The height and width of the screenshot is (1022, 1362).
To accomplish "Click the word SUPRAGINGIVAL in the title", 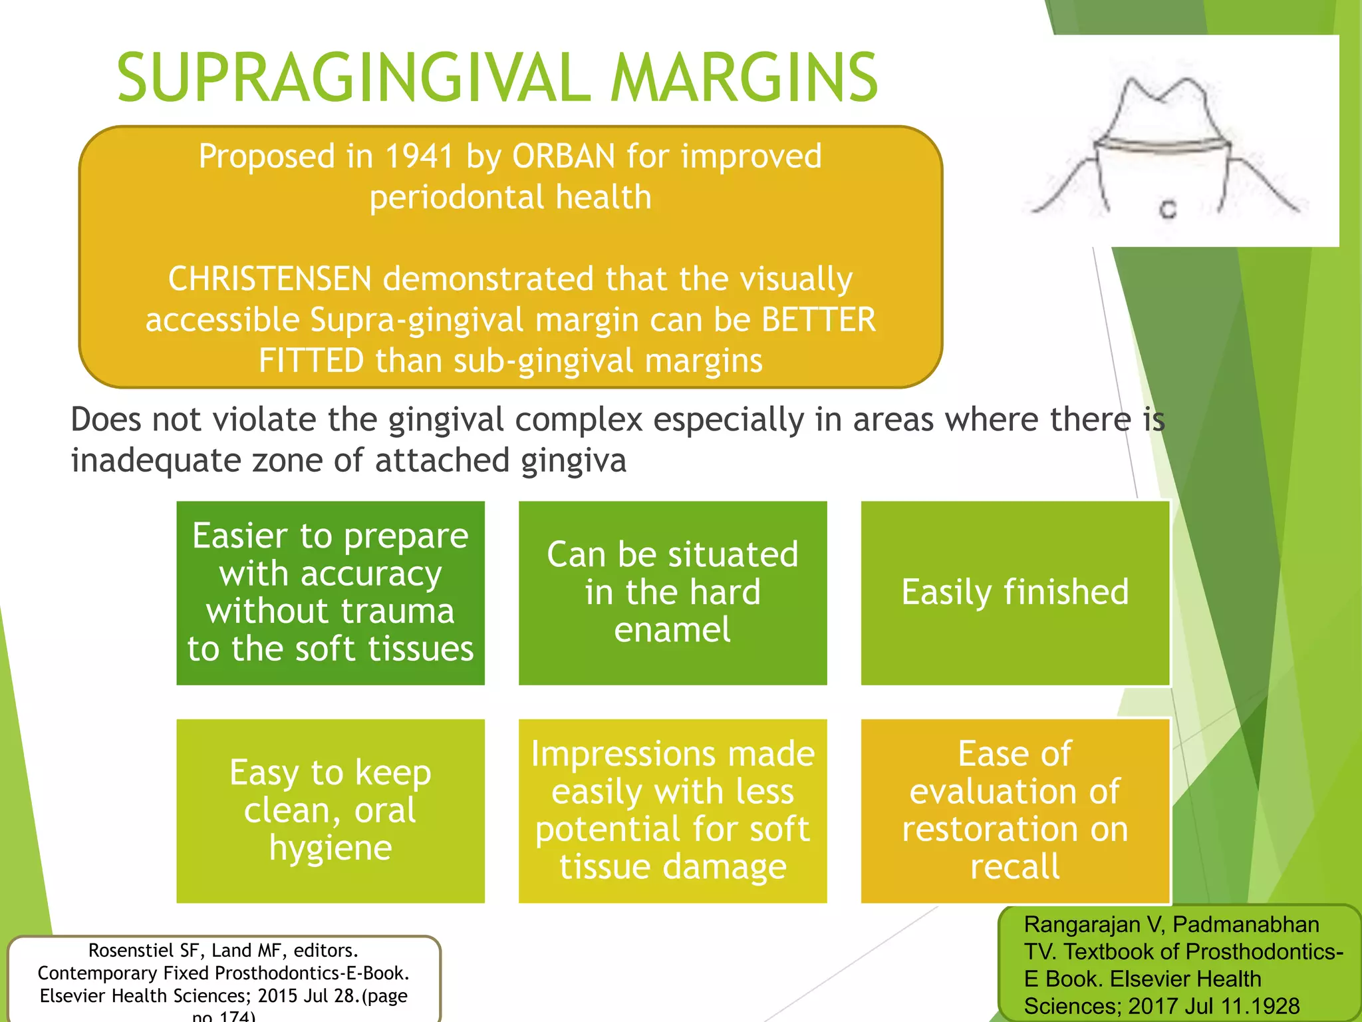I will pos(353,78).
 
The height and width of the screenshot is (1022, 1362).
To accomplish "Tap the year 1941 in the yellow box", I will pos(418,157).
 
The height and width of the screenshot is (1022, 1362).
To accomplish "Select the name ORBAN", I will pos(564,157).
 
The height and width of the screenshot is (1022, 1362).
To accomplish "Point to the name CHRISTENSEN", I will pos(269,279).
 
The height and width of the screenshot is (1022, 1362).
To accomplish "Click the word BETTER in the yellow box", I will pos(819,319).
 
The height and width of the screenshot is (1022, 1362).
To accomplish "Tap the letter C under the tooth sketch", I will pos(1168,210).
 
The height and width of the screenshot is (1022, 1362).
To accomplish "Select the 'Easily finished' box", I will pos(1015,592).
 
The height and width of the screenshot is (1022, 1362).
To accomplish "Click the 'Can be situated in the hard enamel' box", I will pos(672,592).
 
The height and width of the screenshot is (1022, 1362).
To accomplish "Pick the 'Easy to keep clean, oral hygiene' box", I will pos(331,810).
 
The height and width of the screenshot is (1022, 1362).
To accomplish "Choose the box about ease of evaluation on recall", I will pos(1015,810).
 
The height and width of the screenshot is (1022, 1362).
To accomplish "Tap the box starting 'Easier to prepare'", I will pos(331,592).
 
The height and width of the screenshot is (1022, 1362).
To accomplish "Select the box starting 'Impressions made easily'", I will pos(672,810).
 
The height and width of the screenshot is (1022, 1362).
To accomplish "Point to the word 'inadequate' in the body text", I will pos(156,460).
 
